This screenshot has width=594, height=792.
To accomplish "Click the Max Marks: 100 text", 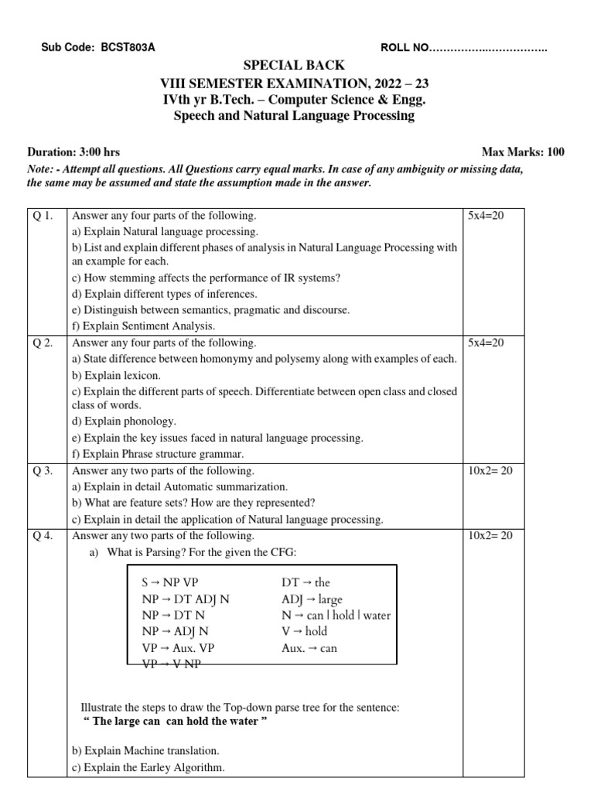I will click(x=523, y=152).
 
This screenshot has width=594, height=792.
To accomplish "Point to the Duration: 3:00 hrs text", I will click(x=73, y=152).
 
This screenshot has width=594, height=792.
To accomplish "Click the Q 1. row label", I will click(x=43, y=216).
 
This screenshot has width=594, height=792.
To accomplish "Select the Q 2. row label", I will click(x=43, y=343).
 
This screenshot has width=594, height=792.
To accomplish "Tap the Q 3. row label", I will click(x=43, y=470).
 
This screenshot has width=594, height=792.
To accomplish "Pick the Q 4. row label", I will click(x=43, y=535).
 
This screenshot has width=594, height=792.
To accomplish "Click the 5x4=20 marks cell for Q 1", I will click(x=486, y=216).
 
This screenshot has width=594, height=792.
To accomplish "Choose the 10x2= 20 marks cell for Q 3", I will click(x=490, y=470).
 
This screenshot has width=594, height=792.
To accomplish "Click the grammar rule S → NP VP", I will click(x=175, y=582).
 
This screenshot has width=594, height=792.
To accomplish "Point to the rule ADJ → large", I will click(x=312, y=599).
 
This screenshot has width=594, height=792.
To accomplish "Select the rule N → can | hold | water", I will click(x=336, y=616).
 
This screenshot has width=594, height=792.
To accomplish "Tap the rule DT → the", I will click(x=306, y=582).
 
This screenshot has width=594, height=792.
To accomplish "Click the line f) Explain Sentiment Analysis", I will click(x=143, y=326).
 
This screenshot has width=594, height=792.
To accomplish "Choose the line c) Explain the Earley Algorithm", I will click(x=148, y=767).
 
